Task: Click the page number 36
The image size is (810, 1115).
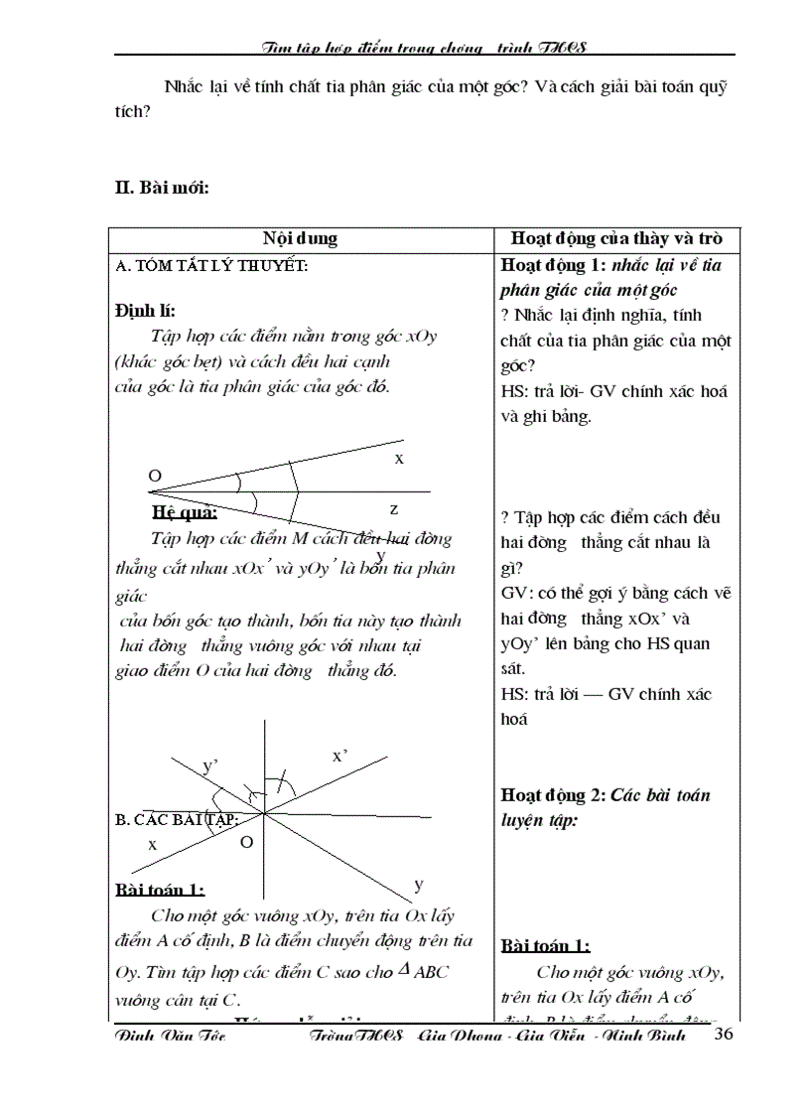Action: pos(724,1035)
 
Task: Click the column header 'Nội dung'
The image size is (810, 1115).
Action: pos(300,238)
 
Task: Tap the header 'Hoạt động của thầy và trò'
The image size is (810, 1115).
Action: pos(616,238)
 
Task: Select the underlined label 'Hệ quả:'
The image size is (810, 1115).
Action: pos(185,512)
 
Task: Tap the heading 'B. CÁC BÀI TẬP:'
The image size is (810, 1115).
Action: pos(177,819)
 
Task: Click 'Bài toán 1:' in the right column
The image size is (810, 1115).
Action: pos(546,945)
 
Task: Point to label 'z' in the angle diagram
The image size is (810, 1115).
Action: pos(394,508)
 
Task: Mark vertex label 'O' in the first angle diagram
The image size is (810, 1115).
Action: pos(155,477)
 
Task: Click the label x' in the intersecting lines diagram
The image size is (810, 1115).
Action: pos(339,756)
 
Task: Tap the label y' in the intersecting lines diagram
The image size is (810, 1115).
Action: pos(210,766)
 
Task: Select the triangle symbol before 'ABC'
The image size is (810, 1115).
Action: pos(403,970)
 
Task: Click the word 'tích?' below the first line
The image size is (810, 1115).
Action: pos(132,112)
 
